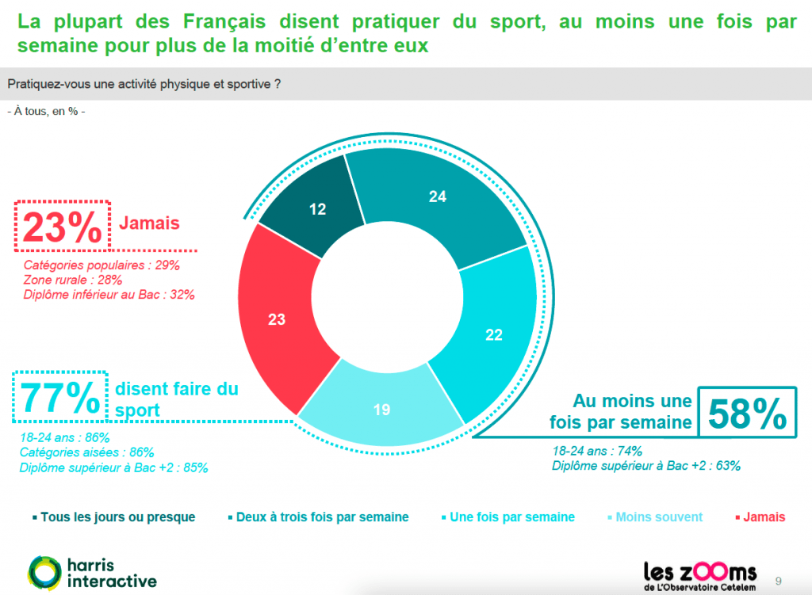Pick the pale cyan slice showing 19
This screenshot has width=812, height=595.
click(381, 408)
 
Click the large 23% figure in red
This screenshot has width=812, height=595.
click(62, 228)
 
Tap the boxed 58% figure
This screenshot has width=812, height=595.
click(746, 413)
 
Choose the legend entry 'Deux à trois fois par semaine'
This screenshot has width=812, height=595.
click(322, 517)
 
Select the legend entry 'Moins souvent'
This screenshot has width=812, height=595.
click(659, 517)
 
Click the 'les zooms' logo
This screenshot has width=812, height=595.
click(699, 572)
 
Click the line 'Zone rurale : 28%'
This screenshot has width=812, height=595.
click(72, 280)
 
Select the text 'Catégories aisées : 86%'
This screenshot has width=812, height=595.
click(86, 452)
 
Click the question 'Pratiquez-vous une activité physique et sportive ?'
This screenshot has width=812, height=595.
click(144, 84)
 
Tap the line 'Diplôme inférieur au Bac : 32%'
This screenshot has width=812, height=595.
click(109, 295)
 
